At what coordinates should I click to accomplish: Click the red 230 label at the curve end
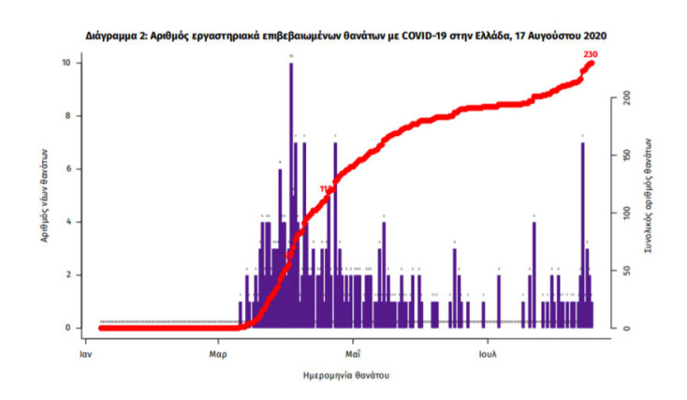[x=590, y=55]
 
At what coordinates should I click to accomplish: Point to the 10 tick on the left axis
[x=66, y=63]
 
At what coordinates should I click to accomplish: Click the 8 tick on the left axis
[x=68, y=116]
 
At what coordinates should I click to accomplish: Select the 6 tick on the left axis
[x=68, y=169]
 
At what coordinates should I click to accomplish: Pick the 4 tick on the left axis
[x=68, y=222]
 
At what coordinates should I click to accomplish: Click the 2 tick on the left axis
[x=68, y=274]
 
